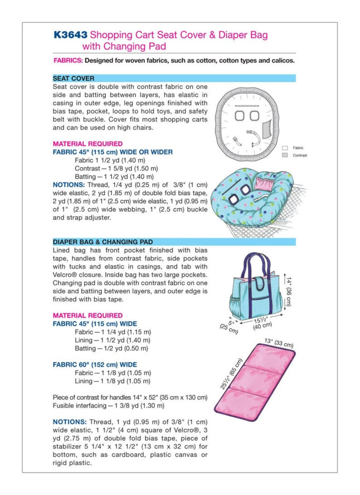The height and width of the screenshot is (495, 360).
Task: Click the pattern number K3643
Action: (x=70, y=34)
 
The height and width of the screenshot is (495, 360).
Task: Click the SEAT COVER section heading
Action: (x=74, y=78)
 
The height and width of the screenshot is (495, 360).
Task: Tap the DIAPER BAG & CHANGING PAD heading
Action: (x=103, y=242)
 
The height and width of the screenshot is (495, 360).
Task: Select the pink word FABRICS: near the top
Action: (x=68, y=61)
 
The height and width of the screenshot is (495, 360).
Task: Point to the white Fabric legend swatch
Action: (x=285, y=148)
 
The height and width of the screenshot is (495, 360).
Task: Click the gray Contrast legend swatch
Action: (x=285, y=155)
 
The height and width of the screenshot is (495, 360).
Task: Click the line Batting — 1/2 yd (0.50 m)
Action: (x=111, y=349)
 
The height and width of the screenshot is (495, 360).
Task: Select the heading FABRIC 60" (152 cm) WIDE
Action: (x=95, y=365)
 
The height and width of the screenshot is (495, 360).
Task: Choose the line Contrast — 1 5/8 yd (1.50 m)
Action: (x=116, y=169)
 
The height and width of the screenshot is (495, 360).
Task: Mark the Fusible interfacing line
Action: (x=108, y=406)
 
